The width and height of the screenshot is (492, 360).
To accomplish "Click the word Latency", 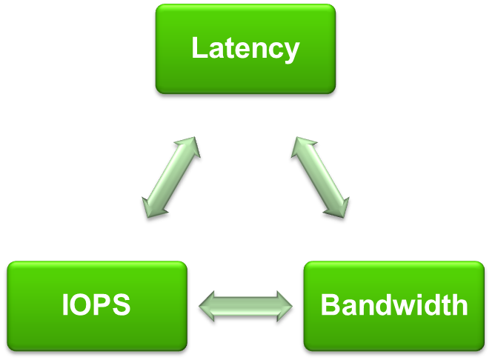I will click(245, 49).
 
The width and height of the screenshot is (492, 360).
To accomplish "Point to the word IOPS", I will click(96, 304).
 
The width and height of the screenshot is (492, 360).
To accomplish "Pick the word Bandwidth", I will click(393, 304).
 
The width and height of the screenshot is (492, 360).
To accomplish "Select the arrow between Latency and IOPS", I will click(170, 177).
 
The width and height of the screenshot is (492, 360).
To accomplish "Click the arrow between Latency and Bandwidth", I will click(319, 177).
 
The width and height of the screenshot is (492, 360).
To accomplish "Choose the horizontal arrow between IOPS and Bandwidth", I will click(246, 305).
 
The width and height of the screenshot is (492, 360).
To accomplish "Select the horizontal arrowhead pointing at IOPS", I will click(207, 305).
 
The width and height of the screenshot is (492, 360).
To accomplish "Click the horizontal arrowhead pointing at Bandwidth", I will click(285, 305).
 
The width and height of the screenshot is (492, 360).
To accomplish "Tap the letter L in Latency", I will click(198, 49).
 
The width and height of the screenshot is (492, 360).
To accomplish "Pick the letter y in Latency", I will click(292, 52).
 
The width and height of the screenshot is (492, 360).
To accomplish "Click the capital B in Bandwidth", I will click(328, 304).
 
